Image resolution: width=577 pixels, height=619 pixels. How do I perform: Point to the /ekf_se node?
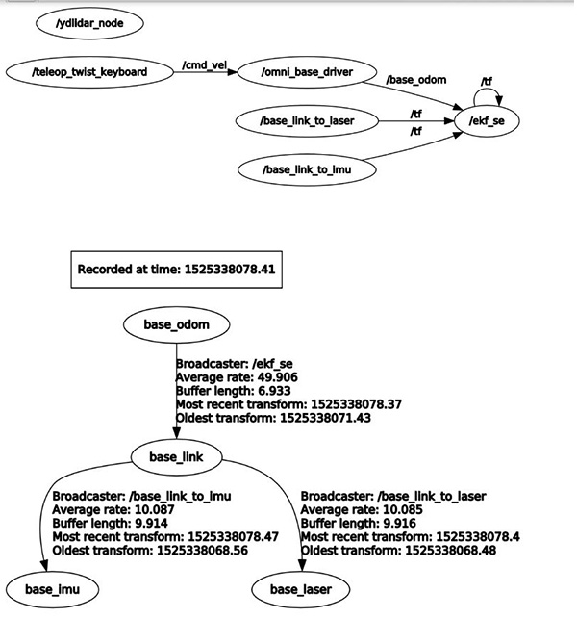pyautogui.click(x=487, y=122)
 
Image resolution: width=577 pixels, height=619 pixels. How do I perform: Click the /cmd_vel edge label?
pyautogui.click(x=204, y=65)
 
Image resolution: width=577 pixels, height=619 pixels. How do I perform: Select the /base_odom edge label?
pyautogui.click(x=415, y=80)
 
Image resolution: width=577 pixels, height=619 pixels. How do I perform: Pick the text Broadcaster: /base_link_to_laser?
pyautogui.click(x=392, y=496)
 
